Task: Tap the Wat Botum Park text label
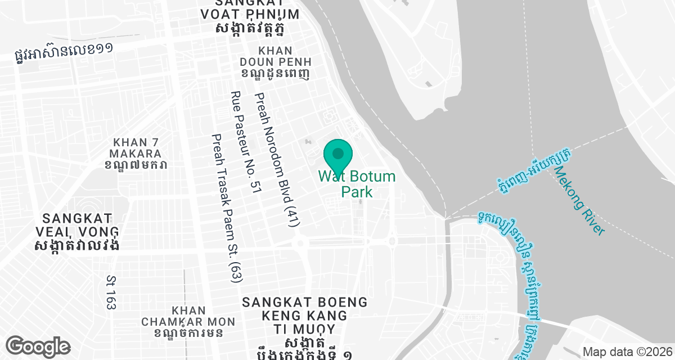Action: pyautogui.click(x=357, y=184)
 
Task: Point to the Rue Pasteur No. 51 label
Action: pyautogui.click(x=246, y=143)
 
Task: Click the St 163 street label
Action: pyautogui.click(x=111, y=292)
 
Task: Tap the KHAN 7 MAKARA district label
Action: pyautogui.click(x=137, y=147)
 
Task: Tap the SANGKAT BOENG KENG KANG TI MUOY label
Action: pyautogui.click(x=305, y=316)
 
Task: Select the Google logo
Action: pyautogui.click(x=38, y=346)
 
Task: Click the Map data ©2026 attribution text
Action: pyautogui.click(x=627, y=352)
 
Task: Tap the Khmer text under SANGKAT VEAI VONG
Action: pyautogui.click(x=76, y=246)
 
